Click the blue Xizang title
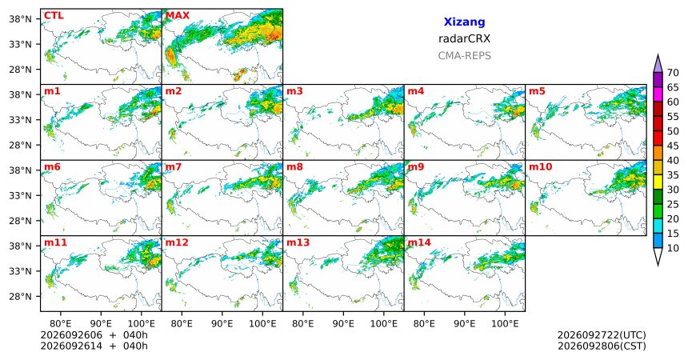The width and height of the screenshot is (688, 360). (x=464, y=22)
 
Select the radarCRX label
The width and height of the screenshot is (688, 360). (x=464, y=38)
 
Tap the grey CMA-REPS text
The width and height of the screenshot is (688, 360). (x=464, y=56)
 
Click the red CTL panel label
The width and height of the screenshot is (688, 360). (x=54, y=16)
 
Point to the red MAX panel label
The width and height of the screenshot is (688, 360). (x=178, y=16)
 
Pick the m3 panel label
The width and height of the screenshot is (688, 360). (x=294, y=91)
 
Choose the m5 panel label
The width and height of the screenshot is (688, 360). (x=537, y=91)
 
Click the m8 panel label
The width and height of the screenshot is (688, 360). (x=294, y=167)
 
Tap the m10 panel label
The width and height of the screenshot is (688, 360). (x=540, y=167)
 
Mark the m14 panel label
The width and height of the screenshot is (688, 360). (x=419, y=242)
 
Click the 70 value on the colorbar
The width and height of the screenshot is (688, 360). (x=673, y=73)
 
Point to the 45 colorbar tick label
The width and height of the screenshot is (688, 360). (x=673, y=146)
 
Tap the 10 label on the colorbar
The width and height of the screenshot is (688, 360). (x=673, y=248)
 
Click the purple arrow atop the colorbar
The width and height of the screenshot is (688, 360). (x=658, y=63)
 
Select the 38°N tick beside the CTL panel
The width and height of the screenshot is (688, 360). (x=21, y=19)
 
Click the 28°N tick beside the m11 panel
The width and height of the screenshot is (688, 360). (x=21, y=296)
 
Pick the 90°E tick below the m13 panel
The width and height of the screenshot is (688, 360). (x=343, y=324)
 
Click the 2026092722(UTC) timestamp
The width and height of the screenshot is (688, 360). (x=602, y=335)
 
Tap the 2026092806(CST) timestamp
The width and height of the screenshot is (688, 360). (x=602, y=346)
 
